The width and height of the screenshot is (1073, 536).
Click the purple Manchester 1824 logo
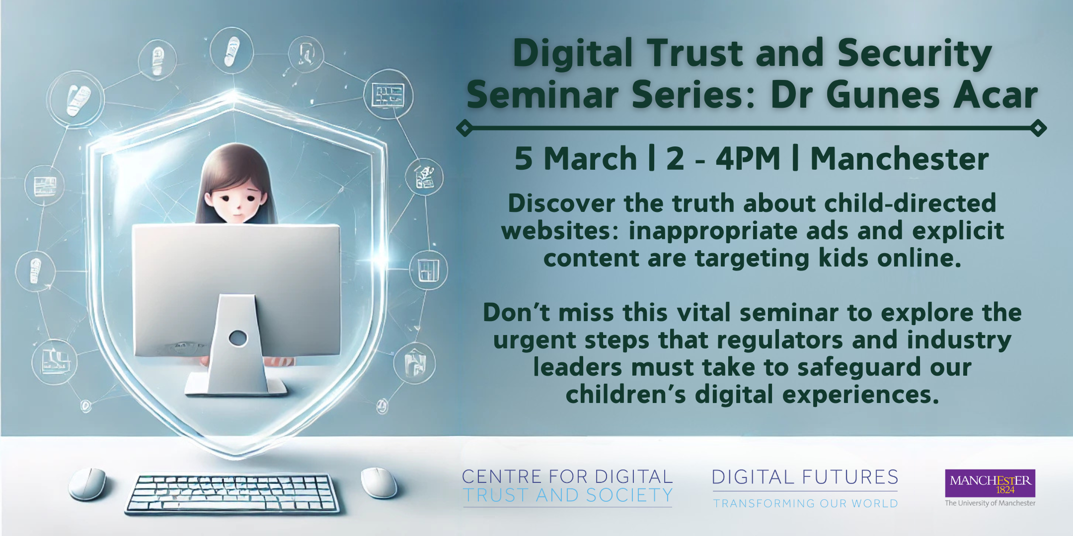(990, 483)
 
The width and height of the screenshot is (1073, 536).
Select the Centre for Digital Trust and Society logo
(567, 486)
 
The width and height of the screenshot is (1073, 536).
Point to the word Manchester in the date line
(900, 159)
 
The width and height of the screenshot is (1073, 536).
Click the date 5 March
(576, 159)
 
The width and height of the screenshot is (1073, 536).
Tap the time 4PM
(748, 159)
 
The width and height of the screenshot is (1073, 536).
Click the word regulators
(779, 340)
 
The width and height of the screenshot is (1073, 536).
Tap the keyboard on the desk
(232, 493)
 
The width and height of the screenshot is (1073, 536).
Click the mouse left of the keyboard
(88, 483)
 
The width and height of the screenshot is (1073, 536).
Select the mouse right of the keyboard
(379, 482)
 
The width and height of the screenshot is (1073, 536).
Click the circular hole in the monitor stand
(238, 338)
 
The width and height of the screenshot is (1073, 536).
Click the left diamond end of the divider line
(464, 128)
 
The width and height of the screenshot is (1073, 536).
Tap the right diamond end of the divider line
(1038, 128)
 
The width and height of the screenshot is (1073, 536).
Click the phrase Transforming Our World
(806, 503)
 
